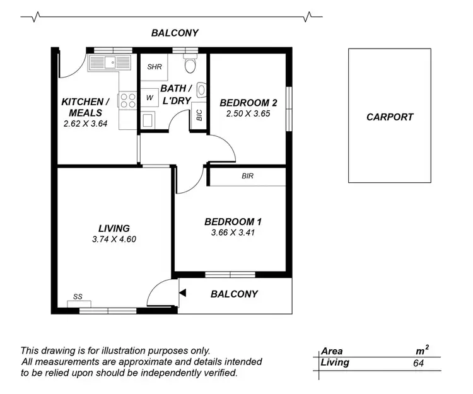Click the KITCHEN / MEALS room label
click(x=85, y=107)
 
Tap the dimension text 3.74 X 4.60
click(x=114, y=239)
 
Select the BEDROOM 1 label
click(x=233, y=222)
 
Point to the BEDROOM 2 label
click(x=248, y=103)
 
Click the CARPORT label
click(x=390, y=117)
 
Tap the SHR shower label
click(x=155, y=67)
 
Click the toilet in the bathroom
click(x=189, y=64)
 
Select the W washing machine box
click(x=149, y=98)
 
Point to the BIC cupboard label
click(x=199, y=115)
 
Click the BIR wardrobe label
click(x=247, y=177)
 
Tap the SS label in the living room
click(x=78, y=297)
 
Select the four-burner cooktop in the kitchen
click(x=127, y=100)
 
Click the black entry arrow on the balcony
click(x=182, y=293)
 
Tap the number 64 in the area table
click(x=418, y=362)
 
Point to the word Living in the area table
click(x=335, y=362)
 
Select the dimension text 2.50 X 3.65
click(x=248, y=114)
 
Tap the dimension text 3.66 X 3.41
click(x=233, y=233)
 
